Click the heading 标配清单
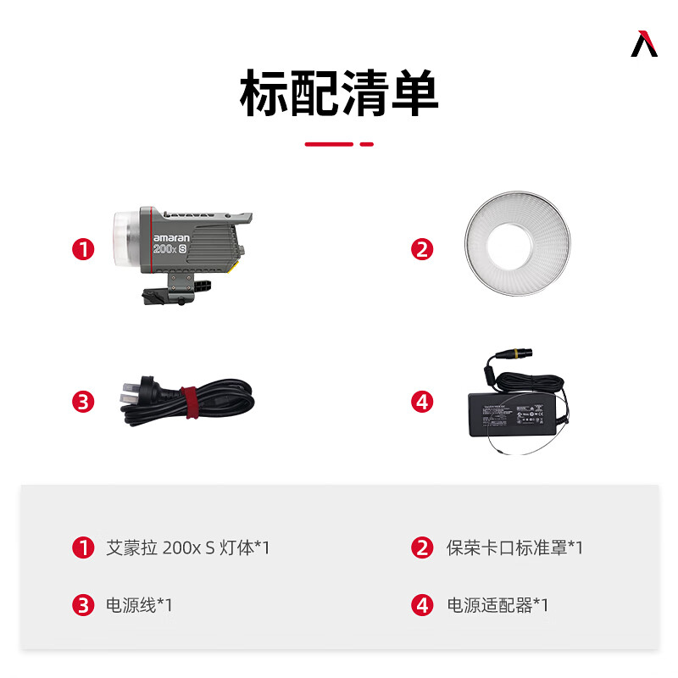point(339,94)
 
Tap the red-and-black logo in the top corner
point(644,44)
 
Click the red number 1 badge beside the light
point(83,249)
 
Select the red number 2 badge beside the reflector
point(422,249)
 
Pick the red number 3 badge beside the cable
point(83,401)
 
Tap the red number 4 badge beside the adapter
point(422,401)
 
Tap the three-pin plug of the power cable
point(127,396)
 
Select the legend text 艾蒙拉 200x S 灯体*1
point(187,547)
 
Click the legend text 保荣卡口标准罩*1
point(514,547)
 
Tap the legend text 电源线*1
point(139,605)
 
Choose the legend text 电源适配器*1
point(497,605)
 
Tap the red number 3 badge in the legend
point(83,605)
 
